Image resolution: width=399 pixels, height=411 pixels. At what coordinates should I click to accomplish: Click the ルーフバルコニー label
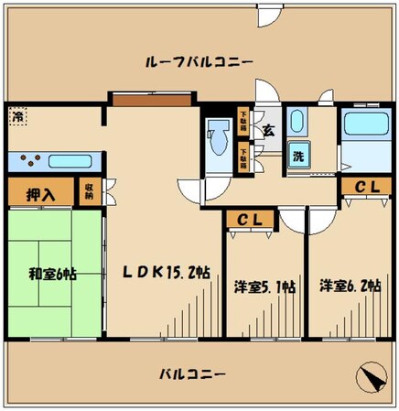(199, 61)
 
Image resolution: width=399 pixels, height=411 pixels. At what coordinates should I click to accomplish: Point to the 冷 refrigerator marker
(18, 117)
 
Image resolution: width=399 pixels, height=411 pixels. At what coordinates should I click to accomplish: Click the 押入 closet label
(39, 193)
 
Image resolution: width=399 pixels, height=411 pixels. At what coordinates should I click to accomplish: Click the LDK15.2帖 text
(167, 272)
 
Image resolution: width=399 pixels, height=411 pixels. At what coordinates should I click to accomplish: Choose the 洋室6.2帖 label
(349, 287)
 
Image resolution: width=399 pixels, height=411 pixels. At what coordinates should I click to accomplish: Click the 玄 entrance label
(268, 130)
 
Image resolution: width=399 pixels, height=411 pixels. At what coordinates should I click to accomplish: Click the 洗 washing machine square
(297, 156)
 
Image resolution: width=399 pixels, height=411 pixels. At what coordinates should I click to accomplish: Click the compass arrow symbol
(371, 377)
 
